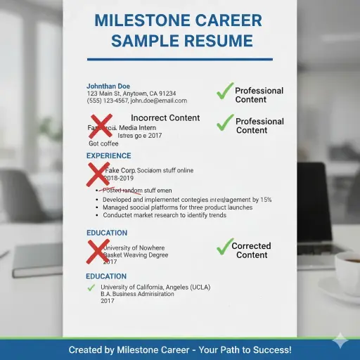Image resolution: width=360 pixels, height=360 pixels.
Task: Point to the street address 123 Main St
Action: pyautogui.click(x=103, y=94)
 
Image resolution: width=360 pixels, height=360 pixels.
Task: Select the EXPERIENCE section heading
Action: pyautogui.click(x=108, y=155)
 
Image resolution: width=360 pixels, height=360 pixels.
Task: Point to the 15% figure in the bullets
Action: pyautogui.click(x=265, y=200)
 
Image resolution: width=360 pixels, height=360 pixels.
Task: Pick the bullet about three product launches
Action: pyautogui.click(x=167, y=207)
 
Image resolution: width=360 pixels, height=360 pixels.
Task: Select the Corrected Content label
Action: pyautogui.click(x=251, y=250)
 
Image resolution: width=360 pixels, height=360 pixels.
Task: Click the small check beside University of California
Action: pyautogui.click(x=91, y=288)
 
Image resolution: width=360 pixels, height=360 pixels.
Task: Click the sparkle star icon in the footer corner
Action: pyautogui.click(x=340, y=341)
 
